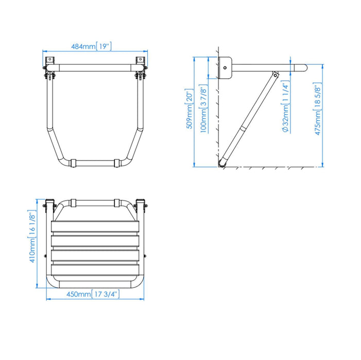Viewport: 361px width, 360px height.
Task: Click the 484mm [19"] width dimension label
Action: click(x=92, y=47)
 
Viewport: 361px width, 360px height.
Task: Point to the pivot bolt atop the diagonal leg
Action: click(x=276, y=75)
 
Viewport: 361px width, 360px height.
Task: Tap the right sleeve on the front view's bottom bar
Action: click(x=115, y=163)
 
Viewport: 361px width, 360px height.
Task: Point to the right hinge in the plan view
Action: click(x=141, y=206)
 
